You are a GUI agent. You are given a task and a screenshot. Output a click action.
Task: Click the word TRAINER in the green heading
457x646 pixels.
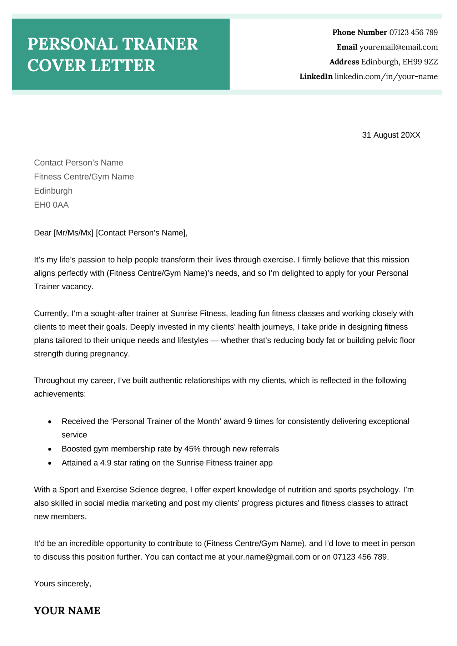(160, 44)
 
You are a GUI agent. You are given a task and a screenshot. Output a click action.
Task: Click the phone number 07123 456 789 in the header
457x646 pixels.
(413, 32)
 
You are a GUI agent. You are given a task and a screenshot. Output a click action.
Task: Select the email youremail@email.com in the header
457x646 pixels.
(398, 47)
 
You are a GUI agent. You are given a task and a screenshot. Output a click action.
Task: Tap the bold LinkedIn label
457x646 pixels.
(316, 77)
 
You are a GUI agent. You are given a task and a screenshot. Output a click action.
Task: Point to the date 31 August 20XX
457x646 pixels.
(391, 135)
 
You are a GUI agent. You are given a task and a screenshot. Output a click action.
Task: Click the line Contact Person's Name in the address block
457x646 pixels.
(79, 163)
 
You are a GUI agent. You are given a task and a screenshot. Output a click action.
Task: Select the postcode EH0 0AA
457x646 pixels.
(51, 205)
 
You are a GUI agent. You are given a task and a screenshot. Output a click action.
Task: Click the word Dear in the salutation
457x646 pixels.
(42, 233)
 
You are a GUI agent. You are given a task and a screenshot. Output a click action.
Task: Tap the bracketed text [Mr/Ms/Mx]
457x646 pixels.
(74, 233)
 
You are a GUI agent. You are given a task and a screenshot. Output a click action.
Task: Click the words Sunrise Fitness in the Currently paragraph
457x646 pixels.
(198, 314)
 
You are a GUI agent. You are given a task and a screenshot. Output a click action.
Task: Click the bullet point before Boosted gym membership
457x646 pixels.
(50, 449)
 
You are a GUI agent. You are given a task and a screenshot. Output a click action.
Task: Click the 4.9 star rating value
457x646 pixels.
(106, 463)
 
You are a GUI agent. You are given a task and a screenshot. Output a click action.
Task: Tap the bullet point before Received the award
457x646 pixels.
(50, 422)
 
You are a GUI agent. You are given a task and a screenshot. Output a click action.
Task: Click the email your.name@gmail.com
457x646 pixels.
(268, 557)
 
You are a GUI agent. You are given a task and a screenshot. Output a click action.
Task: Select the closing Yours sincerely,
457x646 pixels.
(62, 584)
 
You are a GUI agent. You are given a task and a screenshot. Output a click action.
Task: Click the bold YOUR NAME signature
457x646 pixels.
(67, 611)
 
